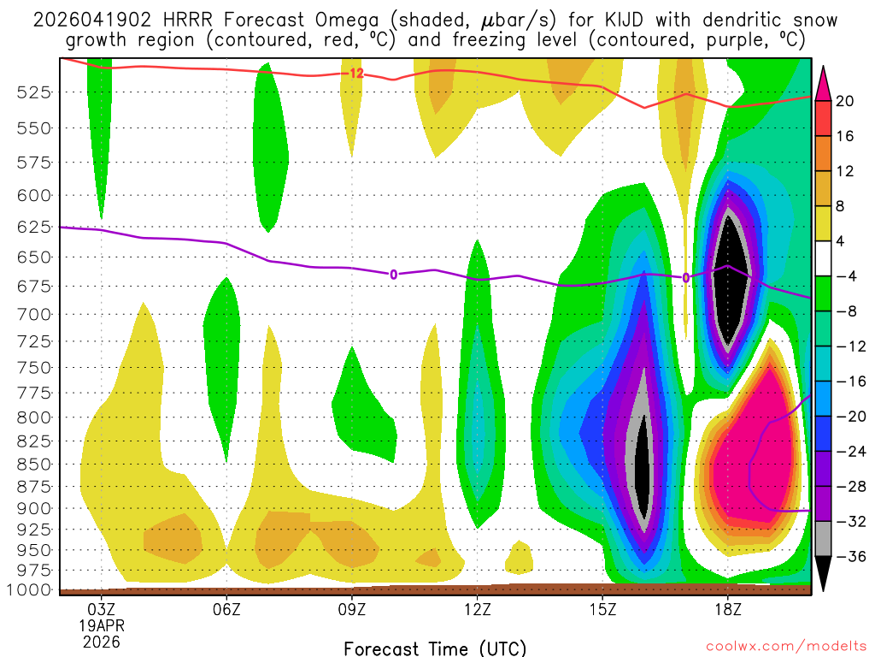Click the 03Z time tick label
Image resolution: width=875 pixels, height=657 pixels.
tap(102, 610)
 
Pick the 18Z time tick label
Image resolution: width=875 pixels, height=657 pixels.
tap(727, 610)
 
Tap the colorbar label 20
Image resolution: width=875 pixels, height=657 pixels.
tap(845, 101)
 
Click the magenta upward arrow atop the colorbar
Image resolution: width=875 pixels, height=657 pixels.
tap(823, 82)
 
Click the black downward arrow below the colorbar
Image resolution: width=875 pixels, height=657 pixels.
tap(823, 574)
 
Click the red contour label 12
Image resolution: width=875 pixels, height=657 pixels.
tap(356, 74)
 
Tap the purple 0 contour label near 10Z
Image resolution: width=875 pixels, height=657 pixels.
tap(393, 275)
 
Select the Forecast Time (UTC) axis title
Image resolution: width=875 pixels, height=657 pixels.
tap(435, 648)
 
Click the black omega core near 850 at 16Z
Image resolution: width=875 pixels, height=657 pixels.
tap(642, 466)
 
